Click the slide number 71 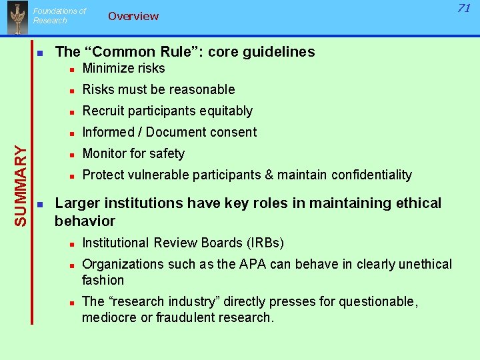[464, 8]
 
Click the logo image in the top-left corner [17, 17]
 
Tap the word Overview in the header [133, 16]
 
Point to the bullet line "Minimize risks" [123, 68]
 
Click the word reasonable [203, 89]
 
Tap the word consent [233, 132]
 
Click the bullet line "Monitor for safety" [133, 153]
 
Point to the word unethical [422, 264]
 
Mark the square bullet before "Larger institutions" [40, 203]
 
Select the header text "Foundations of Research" [59, 15]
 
